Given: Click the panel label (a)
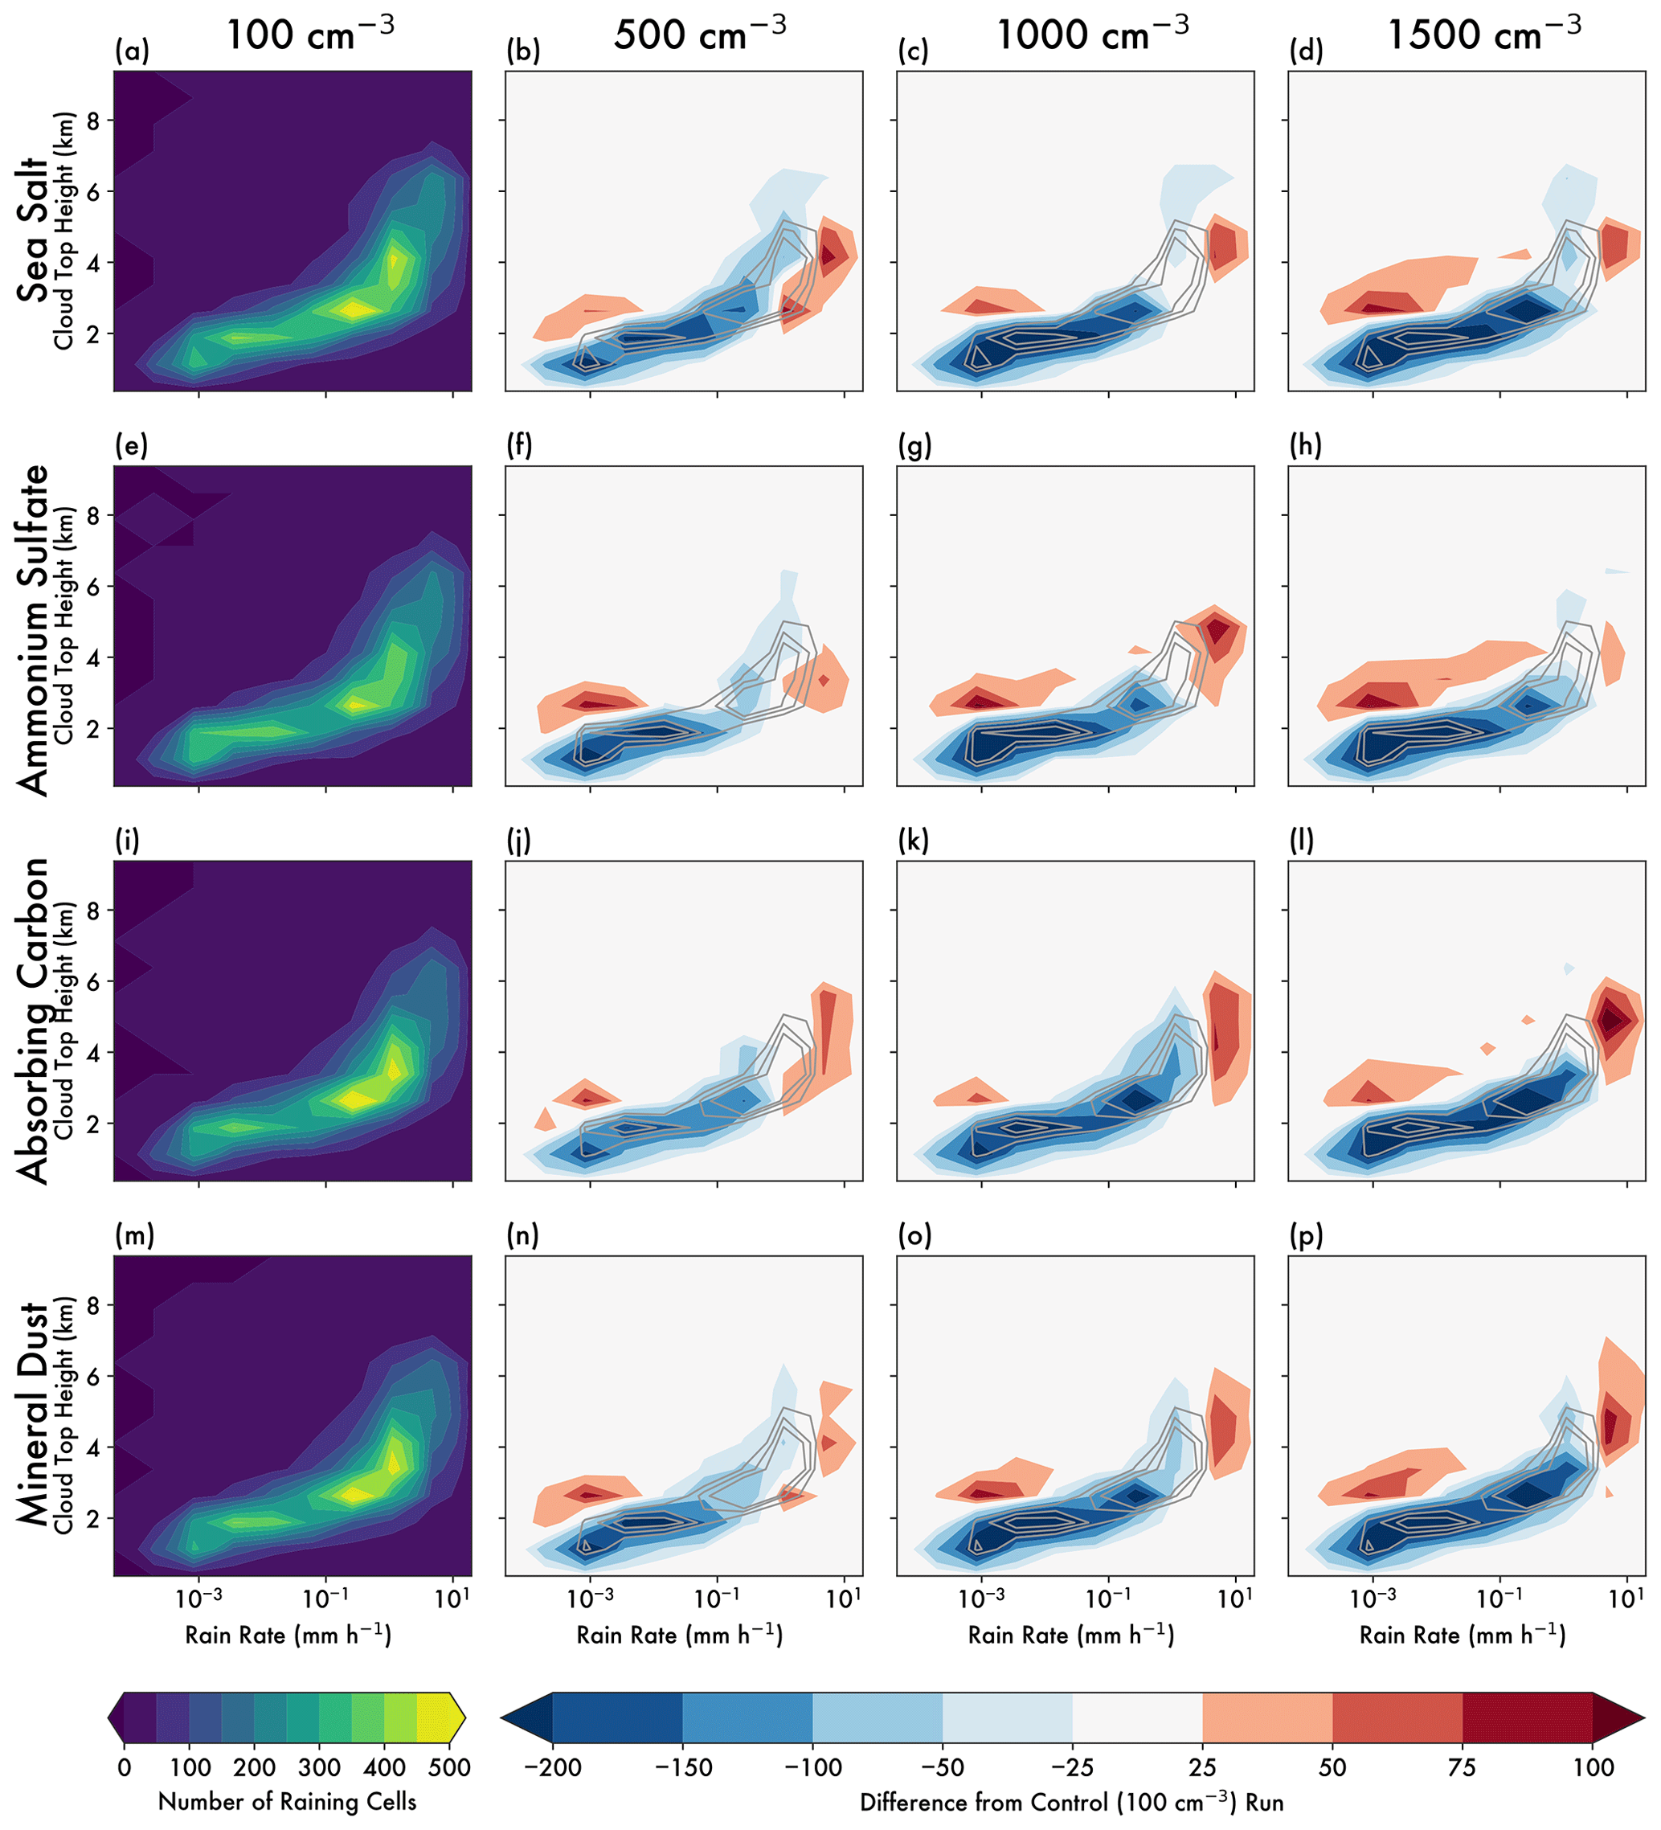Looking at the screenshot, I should (x=132, y=51).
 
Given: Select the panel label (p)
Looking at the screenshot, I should (x=1306, y=1235).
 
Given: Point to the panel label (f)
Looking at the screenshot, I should (x=520, y=446).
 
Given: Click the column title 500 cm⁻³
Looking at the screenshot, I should (x=700, y=35).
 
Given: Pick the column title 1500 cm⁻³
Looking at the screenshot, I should (x=1484, y=35).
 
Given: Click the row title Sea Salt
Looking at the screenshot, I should (x=33, y=231).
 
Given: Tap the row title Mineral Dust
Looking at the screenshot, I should (x=33, y=1414).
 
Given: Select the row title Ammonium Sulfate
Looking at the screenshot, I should (x=33, y=630).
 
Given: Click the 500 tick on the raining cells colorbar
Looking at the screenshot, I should (x=450, y=1767).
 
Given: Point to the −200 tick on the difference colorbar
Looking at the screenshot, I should (x=553, y=1767).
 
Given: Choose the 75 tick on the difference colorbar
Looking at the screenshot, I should (x=1463, y=1767).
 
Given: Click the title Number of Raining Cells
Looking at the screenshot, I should (x=287, y=1802).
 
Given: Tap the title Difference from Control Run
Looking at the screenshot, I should (x=1071, y=1802).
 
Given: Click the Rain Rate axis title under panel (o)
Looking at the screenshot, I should (x=1071, y=1635).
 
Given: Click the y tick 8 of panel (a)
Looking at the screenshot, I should (x=92, y=120).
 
